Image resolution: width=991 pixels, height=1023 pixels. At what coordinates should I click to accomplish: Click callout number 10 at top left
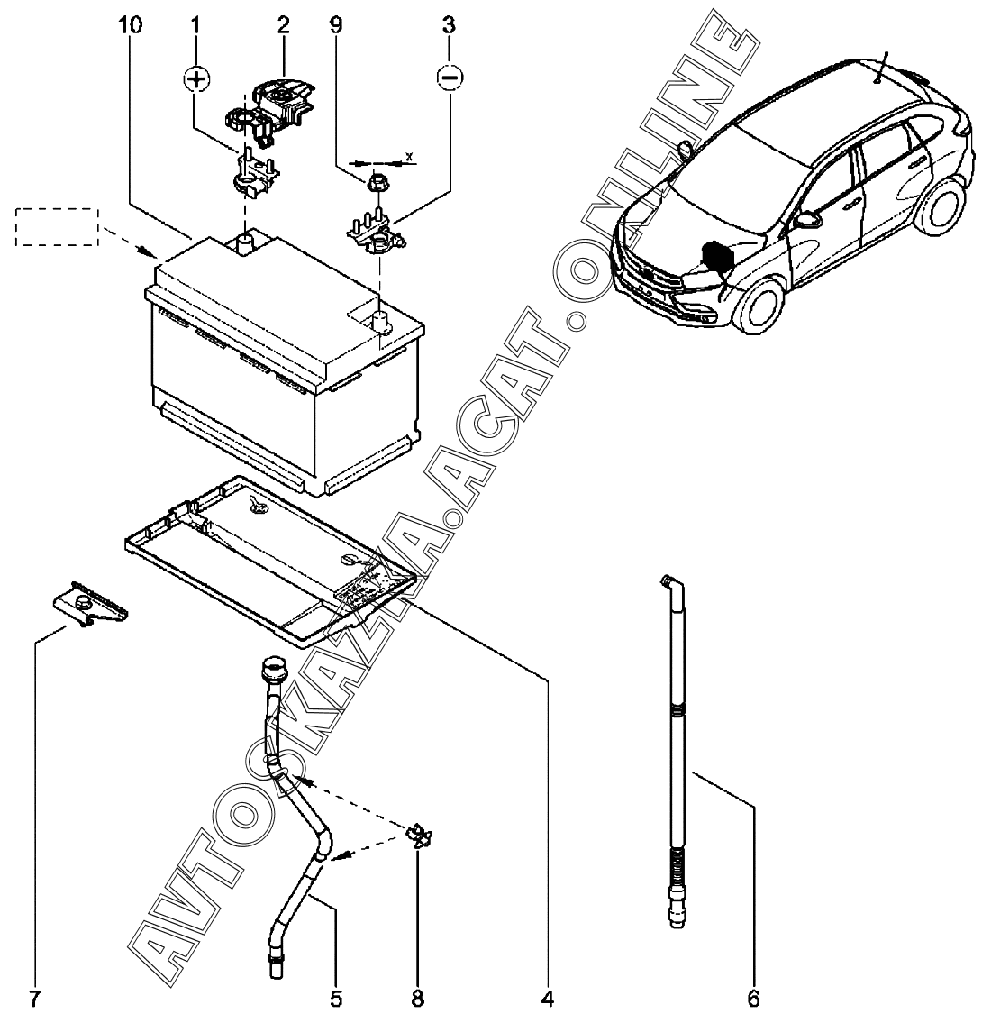click(131, 25)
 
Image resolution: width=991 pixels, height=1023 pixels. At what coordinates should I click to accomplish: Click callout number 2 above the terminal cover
click(283, 25)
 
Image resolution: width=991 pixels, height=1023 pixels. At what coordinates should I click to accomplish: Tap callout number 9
click(335, 25)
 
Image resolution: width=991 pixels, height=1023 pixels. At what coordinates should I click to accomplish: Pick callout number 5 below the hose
click(336, 998)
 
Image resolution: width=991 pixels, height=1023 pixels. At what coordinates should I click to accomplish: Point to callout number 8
click(417, 998)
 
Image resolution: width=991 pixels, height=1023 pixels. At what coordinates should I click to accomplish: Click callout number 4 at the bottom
click(548, 998)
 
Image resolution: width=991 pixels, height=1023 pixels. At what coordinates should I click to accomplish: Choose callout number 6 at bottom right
click(754, 998)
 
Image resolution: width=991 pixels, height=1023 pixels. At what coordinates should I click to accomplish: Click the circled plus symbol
click(195, 79)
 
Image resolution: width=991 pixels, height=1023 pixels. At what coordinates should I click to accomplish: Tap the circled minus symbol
click(450, 78)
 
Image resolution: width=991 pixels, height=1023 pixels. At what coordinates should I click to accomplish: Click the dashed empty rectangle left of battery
click(57, 227)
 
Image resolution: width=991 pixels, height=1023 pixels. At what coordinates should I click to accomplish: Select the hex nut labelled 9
click(375, 182)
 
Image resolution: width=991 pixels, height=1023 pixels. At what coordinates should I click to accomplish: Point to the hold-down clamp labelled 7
click(91, 604)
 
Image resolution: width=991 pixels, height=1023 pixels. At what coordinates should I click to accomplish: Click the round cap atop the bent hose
click(272, 670)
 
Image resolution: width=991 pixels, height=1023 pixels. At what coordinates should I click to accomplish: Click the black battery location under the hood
click(718, 256)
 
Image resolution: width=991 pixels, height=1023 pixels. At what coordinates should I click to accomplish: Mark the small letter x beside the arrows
click(409, 157)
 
